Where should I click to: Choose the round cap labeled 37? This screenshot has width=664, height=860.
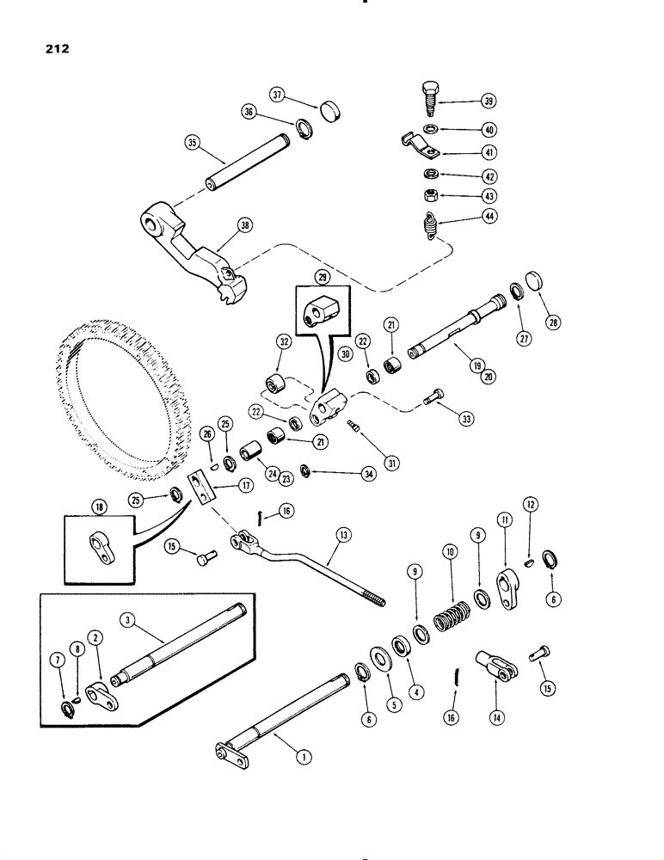(329, 112)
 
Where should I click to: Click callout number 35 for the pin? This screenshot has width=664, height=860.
(190, 143)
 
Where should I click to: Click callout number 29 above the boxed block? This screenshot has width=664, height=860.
(324, 277)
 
